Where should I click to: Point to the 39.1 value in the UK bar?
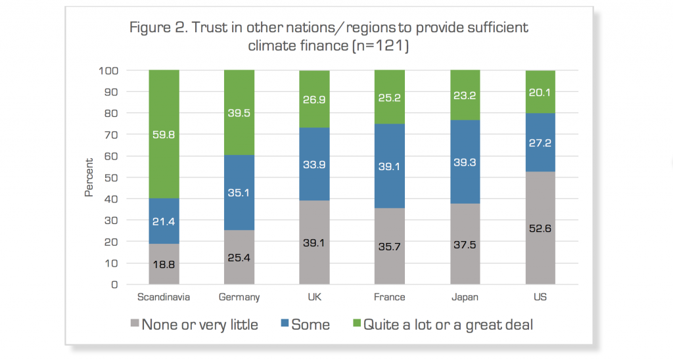point(314,243)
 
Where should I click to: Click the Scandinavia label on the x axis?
point(164,297)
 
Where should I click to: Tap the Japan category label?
point(465,297)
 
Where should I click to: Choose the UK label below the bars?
point(314,297)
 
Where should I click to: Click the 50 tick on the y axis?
point(111,177)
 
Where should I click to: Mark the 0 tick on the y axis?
point(114,284)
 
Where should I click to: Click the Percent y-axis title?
point(89,177)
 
